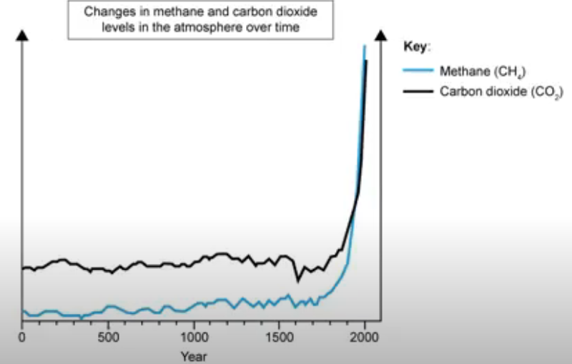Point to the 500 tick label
click(x=108, y=336)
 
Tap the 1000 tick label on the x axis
click(x=194, y=336)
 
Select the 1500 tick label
click(x=279, y=336)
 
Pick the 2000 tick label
click(x=365, y=336)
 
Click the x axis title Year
click(x=194, y=355)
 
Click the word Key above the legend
click(x=415, y=47)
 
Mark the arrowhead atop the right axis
click(x=380, y=36)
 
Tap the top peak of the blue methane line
click(x=364, y=46)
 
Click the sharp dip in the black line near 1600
click(x=297, y=280)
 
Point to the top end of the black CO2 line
click(x=366, y=62)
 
